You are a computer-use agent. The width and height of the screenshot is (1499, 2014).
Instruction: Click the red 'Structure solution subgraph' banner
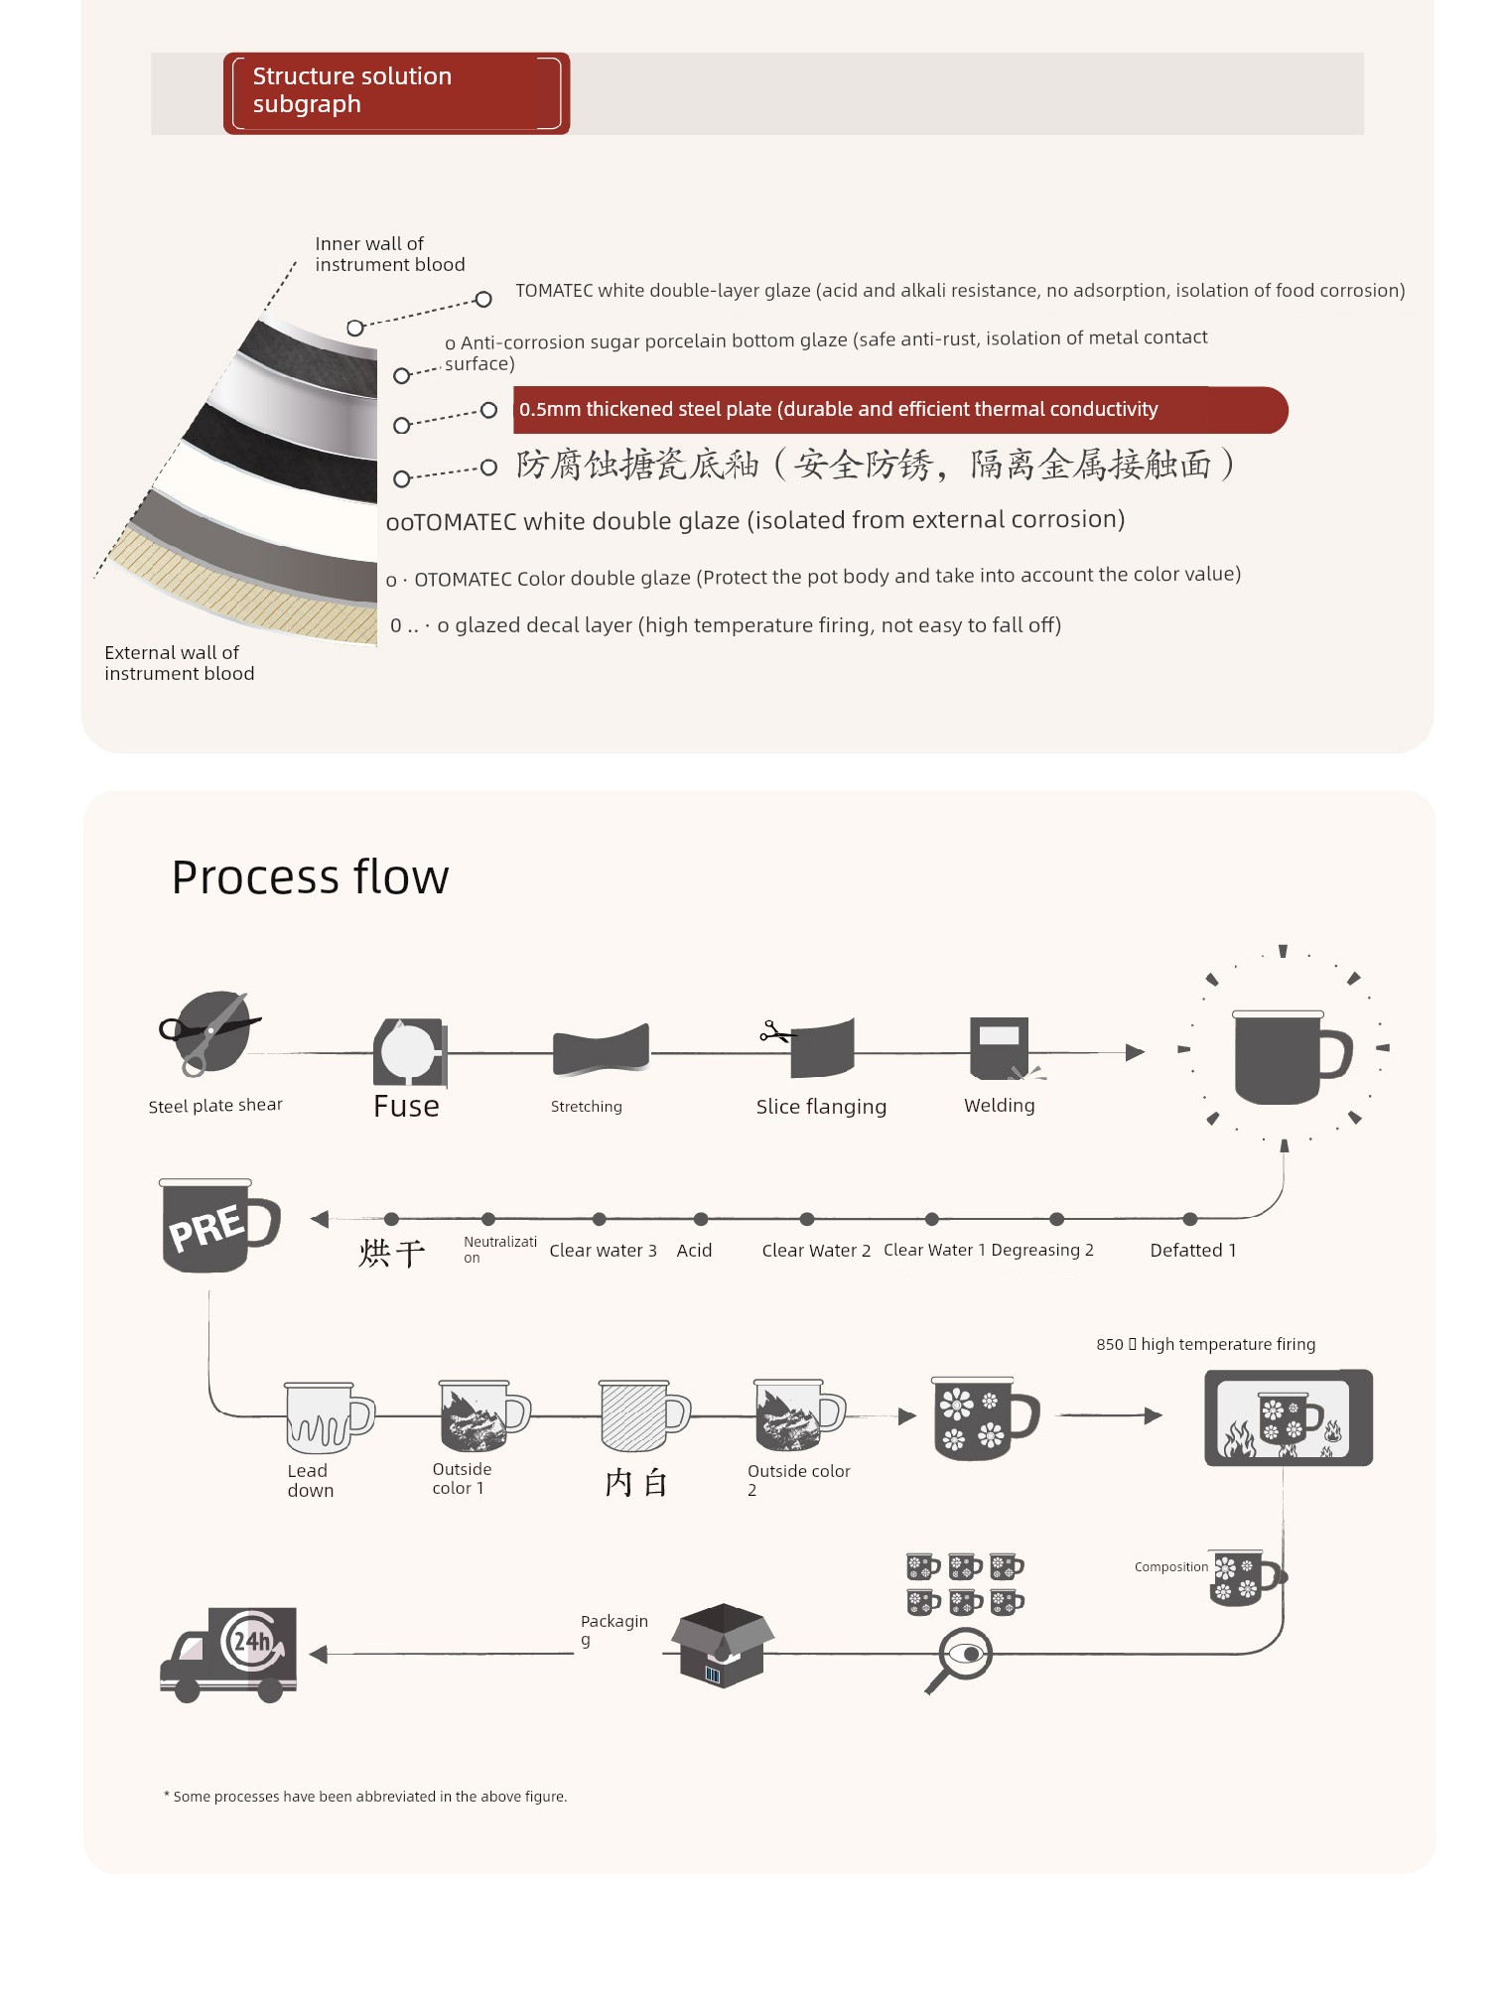(x=396, y=93)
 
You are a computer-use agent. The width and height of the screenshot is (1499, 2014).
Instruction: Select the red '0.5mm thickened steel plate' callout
(x=899, y=410)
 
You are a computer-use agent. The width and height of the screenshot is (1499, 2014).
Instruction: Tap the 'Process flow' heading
(x=310, y=877)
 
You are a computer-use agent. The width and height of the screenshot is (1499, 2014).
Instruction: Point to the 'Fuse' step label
(x=406, y=1106)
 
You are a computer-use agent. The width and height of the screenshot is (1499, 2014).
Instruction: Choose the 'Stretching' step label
(x=587, y=1107)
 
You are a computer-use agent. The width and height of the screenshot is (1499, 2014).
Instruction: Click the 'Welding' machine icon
(x=1001, y=1048)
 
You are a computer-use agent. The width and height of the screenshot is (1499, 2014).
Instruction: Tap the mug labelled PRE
(x=219, y=1226)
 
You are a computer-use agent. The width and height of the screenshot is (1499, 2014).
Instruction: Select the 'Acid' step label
(x=694, y=1251)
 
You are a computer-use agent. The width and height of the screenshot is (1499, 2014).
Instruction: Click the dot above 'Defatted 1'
(x=1190, y=1219)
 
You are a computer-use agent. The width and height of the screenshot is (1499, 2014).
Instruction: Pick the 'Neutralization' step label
(x=499, y=1250)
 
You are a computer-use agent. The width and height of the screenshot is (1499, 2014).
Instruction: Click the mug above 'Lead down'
(x=329, y=1417)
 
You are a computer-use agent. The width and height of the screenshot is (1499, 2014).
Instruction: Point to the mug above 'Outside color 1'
(x=484, y=1415)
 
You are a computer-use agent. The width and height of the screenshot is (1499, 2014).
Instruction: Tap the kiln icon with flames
(x=1289, y=1417)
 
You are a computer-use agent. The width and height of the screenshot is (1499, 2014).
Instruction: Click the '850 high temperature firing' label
(x=1206, y=1344)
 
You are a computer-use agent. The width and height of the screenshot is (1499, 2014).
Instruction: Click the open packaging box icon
(x=723, y=1645)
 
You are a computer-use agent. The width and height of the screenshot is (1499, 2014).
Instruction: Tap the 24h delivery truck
(x=228, y=1655)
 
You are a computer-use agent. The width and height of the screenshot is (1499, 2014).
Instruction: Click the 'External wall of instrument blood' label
(x=180, y=663)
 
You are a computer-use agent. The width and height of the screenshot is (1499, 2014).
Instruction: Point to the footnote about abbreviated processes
(x=365, y=1797)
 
